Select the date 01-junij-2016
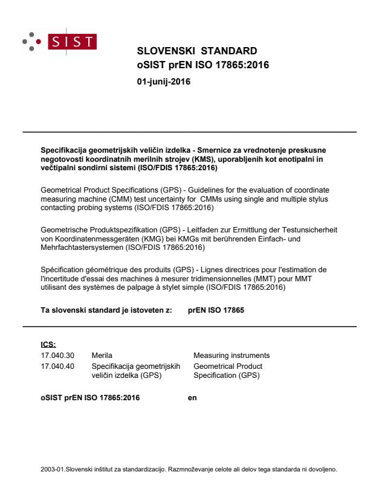tap(164, 81)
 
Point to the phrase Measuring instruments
tap(231, 355)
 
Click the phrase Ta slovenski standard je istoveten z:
tap(106, 311)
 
